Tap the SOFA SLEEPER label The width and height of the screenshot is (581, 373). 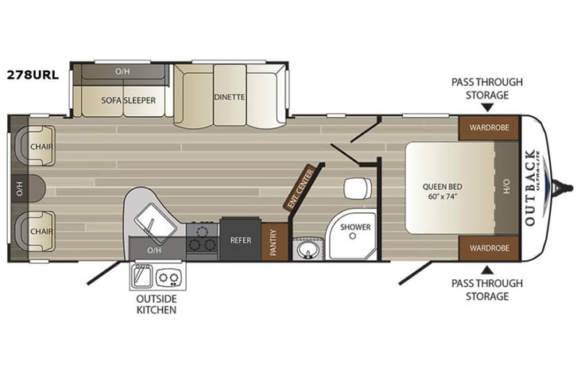pyautogui.click(x=127, y=100)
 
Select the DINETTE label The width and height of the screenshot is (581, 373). pyautogui.click(x=229, y=97)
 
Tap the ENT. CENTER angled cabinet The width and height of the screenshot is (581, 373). pyautogui.click(x=300, y=188)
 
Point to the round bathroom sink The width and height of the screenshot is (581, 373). pyautogui.click(x=304, y=251)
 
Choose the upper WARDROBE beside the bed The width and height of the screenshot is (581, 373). pyautogui.click(x=488, y=127)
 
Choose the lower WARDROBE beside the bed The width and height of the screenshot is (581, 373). pyautogui.click(x=488, y=248)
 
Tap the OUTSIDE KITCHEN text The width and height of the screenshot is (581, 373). pyautogui.click(x=156, y=303)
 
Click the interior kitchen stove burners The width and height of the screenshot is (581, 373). pyautogui.click(x=202, y=239)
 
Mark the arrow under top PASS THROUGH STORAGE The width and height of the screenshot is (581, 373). pyautogui.click(x=486, y=106)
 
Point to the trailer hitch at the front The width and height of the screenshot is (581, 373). pyautogui.click(x=565, y=188)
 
